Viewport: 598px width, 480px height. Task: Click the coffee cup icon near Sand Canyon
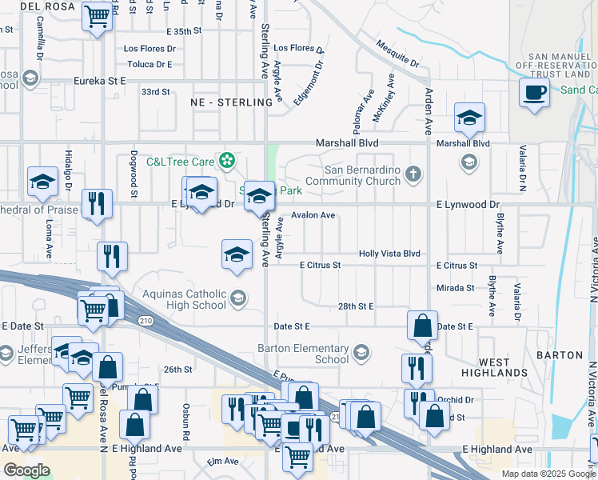pos(534,91)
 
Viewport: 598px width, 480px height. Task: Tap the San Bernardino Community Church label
pos(363,174)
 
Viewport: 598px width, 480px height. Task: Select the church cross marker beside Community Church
pos(413,174)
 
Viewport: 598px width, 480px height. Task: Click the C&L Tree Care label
pos(181,162)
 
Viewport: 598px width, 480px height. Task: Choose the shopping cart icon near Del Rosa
pos(97,15)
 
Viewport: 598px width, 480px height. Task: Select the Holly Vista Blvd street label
pos(389,254)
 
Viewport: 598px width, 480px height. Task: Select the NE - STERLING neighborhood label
pos(232,102)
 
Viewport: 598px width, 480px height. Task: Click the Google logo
pos(26,470)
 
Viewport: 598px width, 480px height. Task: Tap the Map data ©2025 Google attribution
pos(548,474)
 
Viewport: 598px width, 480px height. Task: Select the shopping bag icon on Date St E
pos(422,325)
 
